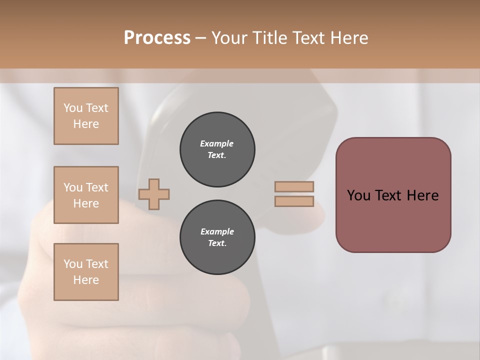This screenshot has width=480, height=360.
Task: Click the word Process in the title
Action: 157,37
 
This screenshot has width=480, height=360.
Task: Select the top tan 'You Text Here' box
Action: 86,116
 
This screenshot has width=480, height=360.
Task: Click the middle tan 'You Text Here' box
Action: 86,195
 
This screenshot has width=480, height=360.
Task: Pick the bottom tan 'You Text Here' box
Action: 86,272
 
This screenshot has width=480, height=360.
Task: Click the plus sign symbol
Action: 154,194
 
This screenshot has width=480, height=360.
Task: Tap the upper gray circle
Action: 217,149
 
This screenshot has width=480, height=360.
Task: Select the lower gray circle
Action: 217,237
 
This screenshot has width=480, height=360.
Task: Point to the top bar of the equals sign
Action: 294,186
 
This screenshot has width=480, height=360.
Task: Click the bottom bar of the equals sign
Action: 294,201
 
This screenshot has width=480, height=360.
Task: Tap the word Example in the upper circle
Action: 217,143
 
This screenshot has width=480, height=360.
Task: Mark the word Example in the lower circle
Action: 217,231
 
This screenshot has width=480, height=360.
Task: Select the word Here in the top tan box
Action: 86,124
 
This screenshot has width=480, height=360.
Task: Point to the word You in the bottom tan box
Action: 72,264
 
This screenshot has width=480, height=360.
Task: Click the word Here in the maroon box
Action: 422,195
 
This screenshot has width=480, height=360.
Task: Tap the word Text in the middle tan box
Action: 97,187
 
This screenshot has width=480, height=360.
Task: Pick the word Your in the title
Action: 229,37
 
